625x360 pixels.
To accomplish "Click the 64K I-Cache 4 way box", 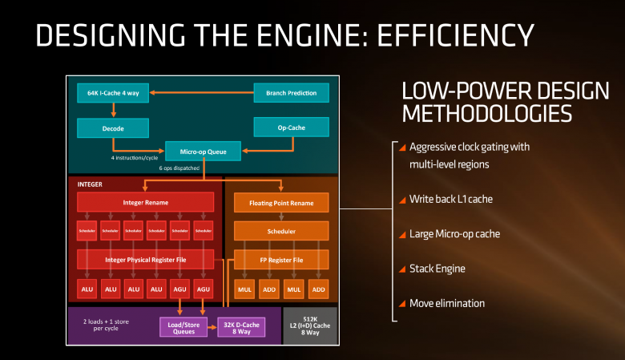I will pos(112,93).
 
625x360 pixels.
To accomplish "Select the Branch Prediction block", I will pos(291,93).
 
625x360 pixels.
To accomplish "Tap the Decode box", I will pos(112,127).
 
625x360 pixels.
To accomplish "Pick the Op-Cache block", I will pos(291,127).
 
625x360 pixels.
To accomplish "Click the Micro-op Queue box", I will pos(203,150).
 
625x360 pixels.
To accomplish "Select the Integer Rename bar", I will pos(145,202).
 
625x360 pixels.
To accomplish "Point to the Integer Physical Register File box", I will pos(145,259).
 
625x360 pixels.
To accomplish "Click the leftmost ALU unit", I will pos(87,289).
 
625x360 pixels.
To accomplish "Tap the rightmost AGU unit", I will pos(204,289).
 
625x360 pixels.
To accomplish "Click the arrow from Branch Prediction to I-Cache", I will pos(200,93).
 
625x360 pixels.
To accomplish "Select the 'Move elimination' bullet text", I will pos(447,303).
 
